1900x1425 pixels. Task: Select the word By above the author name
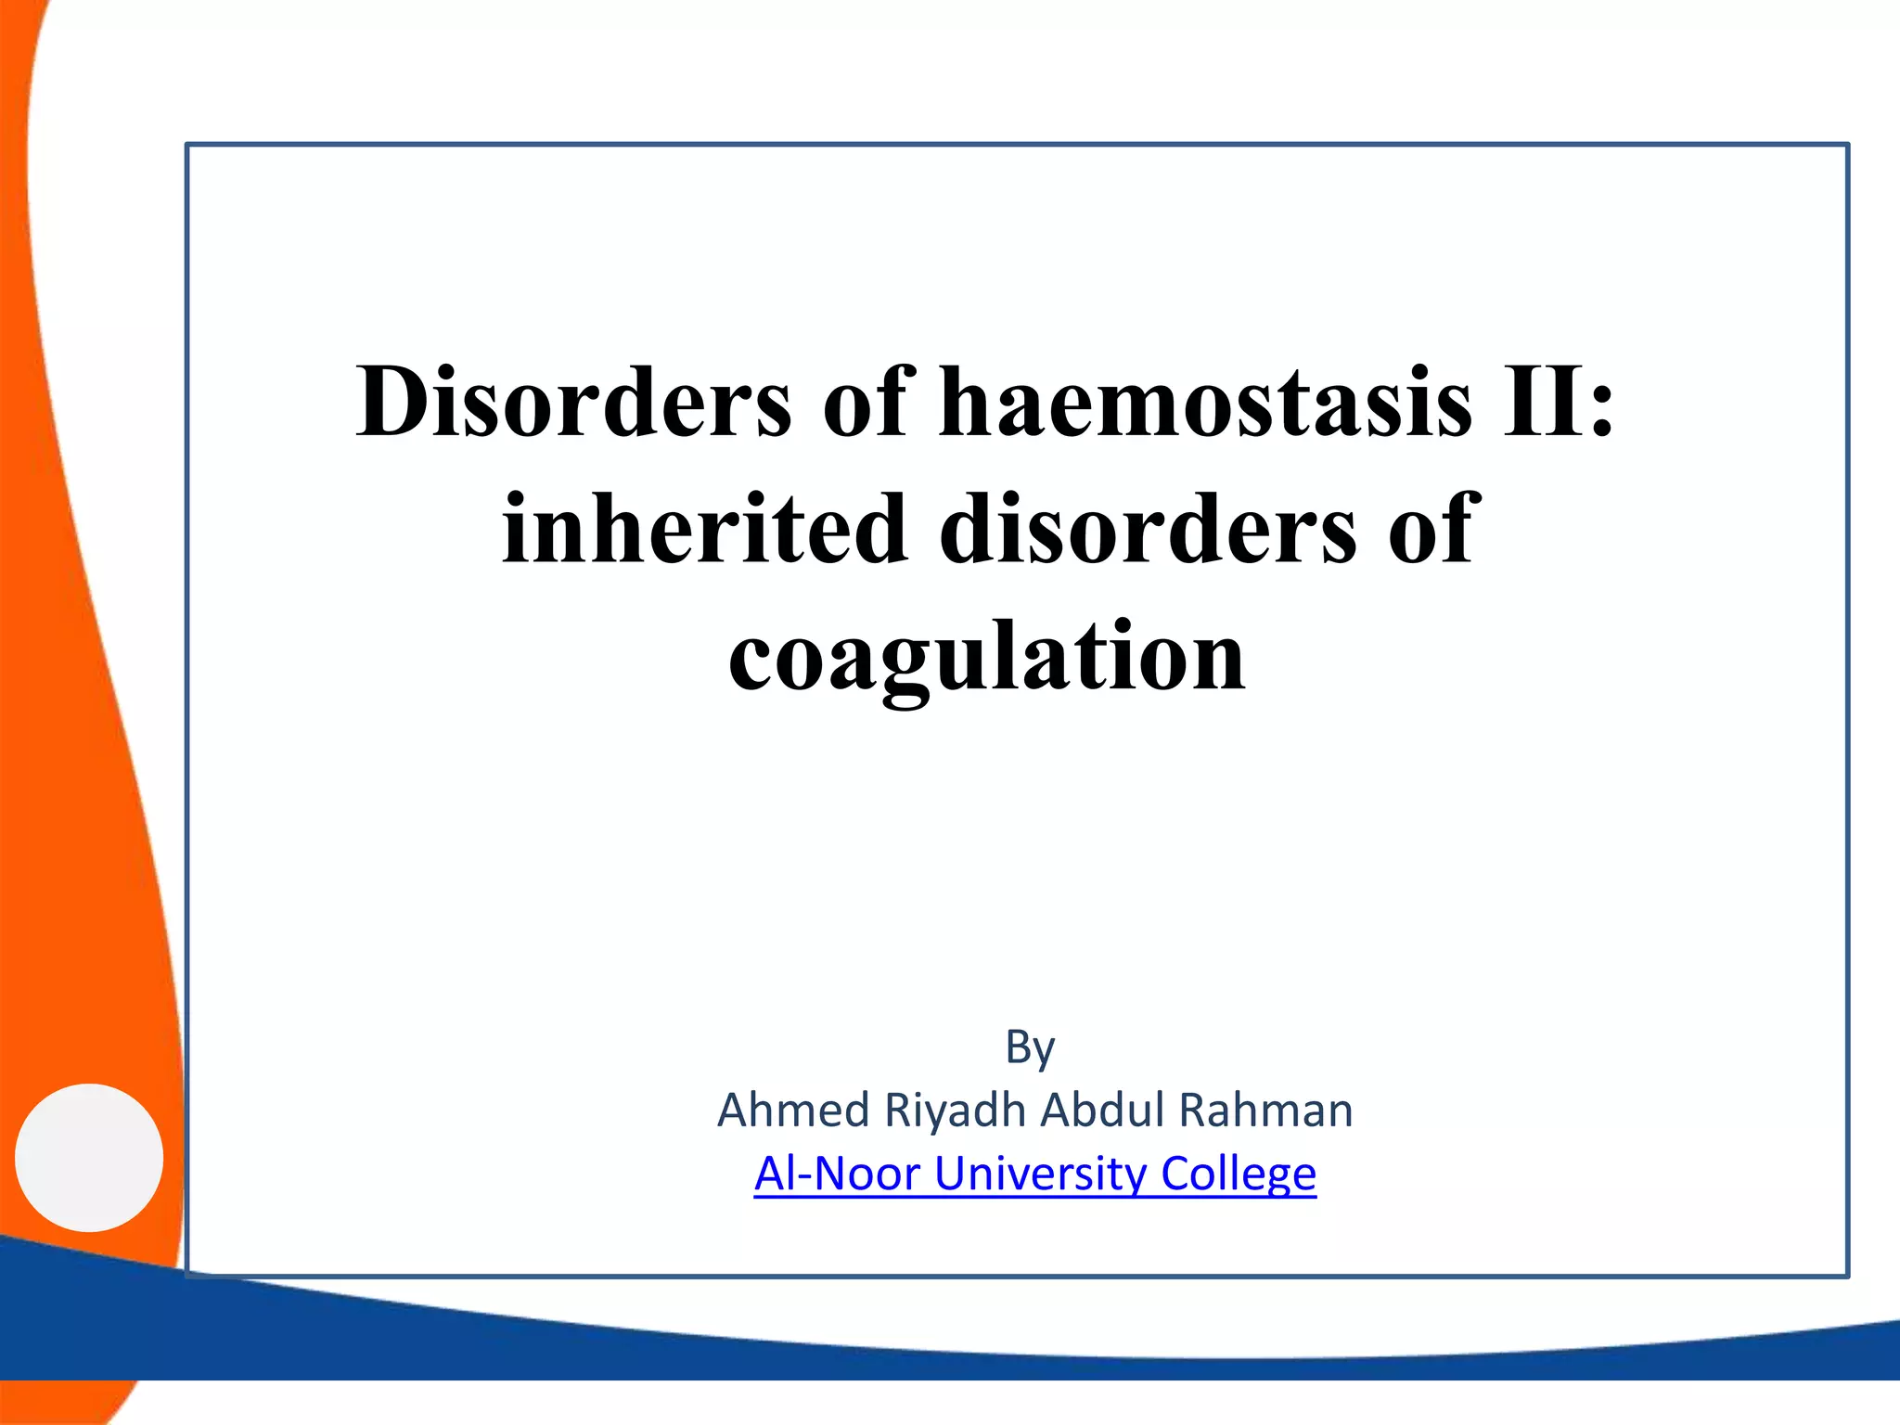click(1030, 1048)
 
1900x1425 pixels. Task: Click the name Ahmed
click(793, 1110)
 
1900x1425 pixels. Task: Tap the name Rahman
click(1265, 1110)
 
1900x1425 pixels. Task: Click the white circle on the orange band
click(89, 1157)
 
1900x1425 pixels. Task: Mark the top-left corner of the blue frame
click(188, 146)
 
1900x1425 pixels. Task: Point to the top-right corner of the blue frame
click(1847, 146)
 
